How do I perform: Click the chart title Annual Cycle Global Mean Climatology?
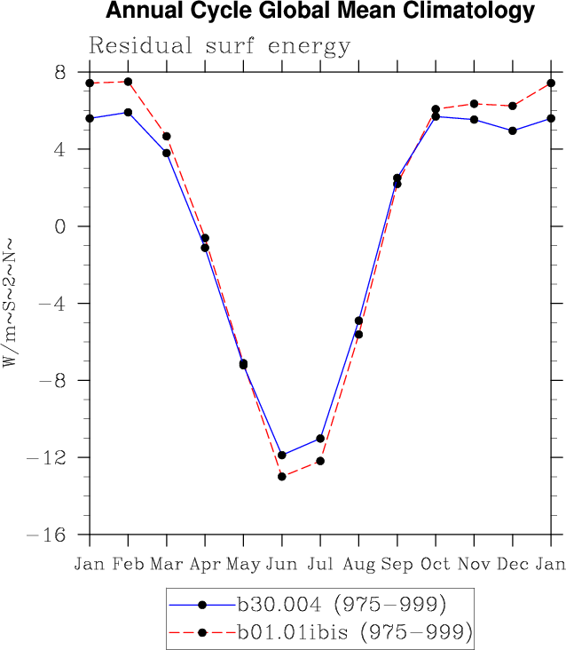coord(320,12)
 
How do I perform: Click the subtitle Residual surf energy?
coord(220,46)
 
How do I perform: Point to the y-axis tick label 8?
coord(60,72)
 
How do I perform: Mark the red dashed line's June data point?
coord(282,477)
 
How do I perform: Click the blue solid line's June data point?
coord(282,456)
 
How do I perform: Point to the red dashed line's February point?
coord(128,82)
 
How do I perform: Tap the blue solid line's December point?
coord(513,131)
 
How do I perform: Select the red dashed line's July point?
coord(320,461)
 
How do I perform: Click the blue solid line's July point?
coord(320,439)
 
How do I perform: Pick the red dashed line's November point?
coord(474,104)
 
